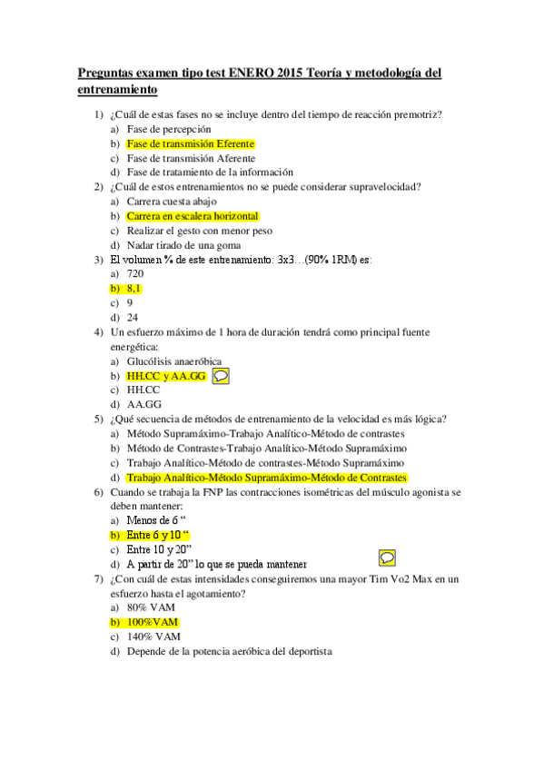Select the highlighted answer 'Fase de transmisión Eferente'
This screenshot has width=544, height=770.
coord(190,143)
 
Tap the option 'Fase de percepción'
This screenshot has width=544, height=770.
coord(169,129)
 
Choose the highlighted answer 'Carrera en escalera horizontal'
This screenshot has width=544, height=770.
coord(193,216)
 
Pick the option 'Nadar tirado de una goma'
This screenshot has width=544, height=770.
coord(182,245)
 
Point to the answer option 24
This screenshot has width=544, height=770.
coord(133,317)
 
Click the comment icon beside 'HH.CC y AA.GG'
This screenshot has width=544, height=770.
coord(222,374)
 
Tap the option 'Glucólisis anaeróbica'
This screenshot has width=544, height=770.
coord(173,360)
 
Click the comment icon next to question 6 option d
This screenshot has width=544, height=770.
coord(386,557)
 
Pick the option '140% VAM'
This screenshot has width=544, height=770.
coord(153,637)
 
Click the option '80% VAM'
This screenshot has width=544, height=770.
coord(150,607)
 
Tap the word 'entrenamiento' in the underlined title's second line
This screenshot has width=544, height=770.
coord(118,90)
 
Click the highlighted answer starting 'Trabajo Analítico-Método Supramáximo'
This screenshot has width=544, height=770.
coord(266,477)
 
